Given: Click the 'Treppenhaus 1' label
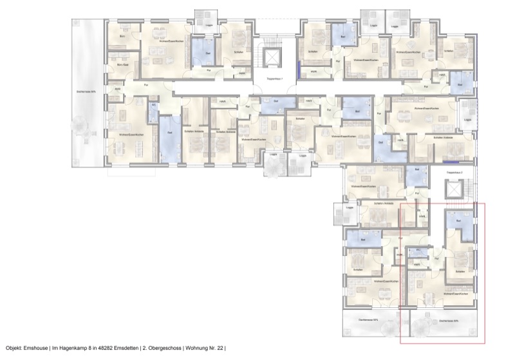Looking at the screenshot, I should [x=275, y=79].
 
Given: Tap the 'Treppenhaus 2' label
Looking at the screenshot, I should [x=463, y=173].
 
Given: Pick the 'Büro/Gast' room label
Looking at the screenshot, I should [x=123, y=65].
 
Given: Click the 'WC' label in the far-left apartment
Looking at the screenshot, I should [x=153, y=108].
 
